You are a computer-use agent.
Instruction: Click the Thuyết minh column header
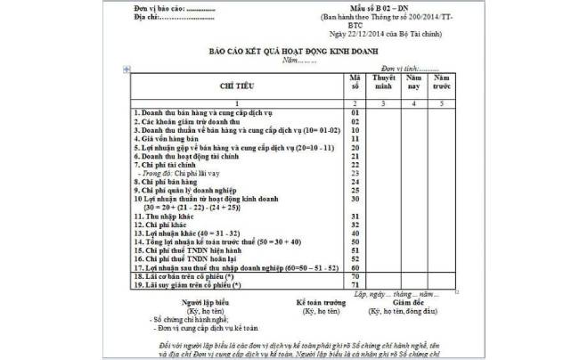(384, 84)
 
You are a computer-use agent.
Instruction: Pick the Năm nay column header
(413, 84)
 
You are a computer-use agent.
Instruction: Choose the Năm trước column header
(443, 84)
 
